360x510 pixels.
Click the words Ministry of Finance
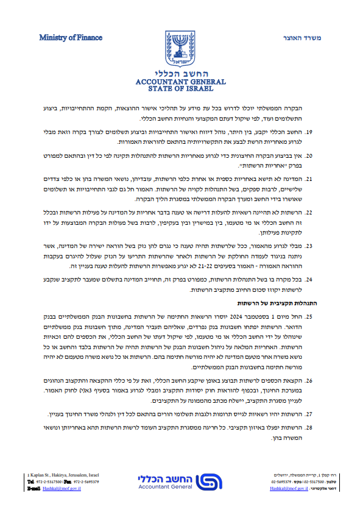(x=65, y=38)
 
